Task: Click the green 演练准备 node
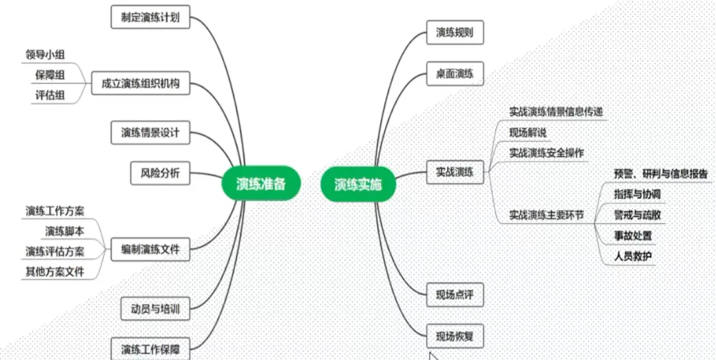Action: point(261,184)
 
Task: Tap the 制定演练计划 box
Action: point(150,17)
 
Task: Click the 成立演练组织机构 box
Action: point(140,84)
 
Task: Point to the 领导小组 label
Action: point(45,54)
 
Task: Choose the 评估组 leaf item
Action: point(50,95)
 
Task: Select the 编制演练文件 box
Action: point(150,249)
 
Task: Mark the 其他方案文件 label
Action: point(55,270)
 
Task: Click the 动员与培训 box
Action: point(155,308)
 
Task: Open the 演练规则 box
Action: point(455,32)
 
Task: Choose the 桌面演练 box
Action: point(455,74)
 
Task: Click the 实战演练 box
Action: point(455,172)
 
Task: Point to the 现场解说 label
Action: point(528,133)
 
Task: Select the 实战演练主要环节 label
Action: point(546,215)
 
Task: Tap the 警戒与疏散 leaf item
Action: point(637,215)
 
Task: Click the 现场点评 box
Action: point(455,294)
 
